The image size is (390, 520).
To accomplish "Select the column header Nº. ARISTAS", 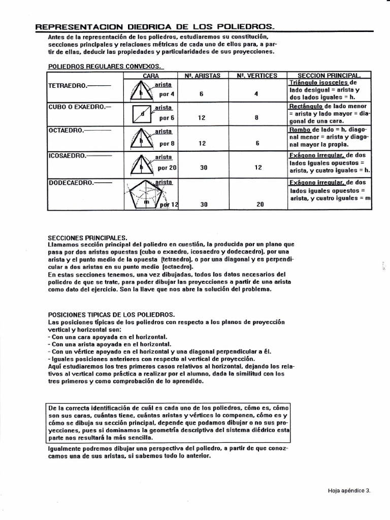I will [x=202, y=75].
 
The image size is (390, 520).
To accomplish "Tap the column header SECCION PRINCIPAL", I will [x=329, y=75].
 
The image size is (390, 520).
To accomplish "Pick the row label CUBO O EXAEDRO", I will [x=73, y=107].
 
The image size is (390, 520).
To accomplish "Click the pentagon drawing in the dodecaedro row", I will [x=144, y=195].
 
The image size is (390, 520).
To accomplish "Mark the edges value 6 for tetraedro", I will [x=202, y=94].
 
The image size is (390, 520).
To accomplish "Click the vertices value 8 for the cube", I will [x=257, y=118].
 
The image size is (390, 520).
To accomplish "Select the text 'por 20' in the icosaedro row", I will [x=167, y=167].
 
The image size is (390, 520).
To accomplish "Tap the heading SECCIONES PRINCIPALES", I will [x=87, y=237].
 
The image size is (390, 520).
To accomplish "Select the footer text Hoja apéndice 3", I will [x=349, y=491].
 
